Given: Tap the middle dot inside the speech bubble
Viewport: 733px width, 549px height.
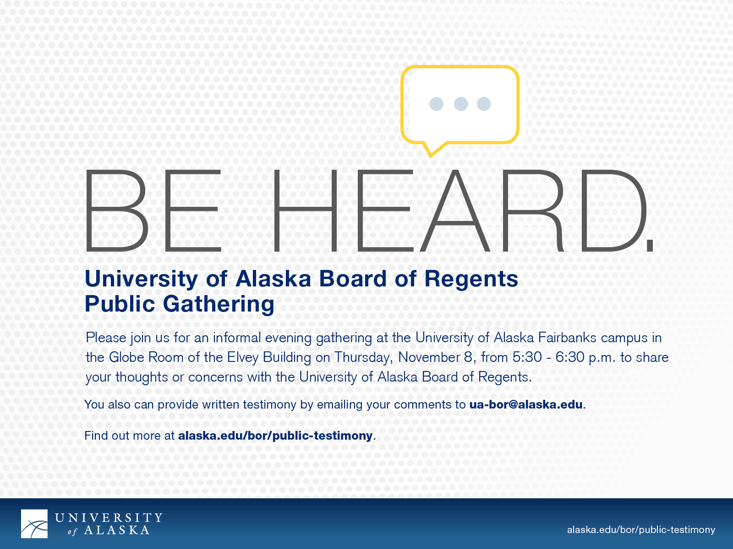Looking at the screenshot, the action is click(x=461, y=104).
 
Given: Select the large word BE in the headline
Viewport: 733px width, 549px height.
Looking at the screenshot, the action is click(x=153, y=210).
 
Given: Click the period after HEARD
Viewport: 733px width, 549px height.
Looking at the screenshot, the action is click(x=650, y=246).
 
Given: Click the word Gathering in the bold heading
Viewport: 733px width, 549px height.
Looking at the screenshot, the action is click(x=219, y=305).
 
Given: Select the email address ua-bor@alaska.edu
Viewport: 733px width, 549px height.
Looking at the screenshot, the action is click(x=526, y=405).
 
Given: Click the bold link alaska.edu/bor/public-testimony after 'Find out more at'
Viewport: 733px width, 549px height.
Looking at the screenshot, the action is click(x=275, y=436).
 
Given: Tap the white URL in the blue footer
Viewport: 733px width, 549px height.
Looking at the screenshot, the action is click(x=641, y=530).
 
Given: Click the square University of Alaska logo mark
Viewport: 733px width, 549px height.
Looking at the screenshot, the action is click(x=34, y=524).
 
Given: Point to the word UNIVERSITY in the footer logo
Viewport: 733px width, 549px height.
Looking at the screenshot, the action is click(x=109, y=518).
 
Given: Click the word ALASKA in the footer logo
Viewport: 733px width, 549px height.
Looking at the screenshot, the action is click(x=116, y=530).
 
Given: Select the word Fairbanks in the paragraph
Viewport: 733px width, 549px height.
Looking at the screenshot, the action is click(x=567, y=338).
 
